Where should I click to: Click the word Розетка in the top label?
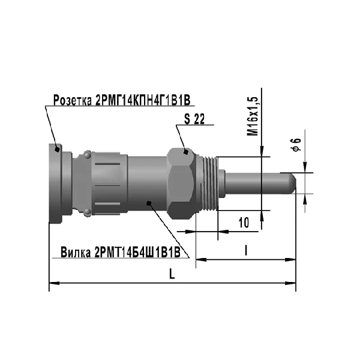73,100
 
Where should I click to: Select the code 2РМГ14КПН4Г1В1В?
143,100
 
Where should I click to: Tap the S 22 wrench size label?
194,119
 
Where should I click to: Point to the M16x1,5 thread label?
253,116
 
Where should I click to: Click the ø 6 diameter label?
296,145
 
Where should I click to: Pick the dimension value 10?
244,223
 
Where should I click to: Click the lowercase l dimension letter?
246,250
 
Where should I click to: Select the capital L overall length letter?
172,274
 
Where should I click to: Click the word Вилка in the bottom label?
76,253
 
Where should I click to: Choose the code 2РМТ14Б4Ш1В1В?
137,253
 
